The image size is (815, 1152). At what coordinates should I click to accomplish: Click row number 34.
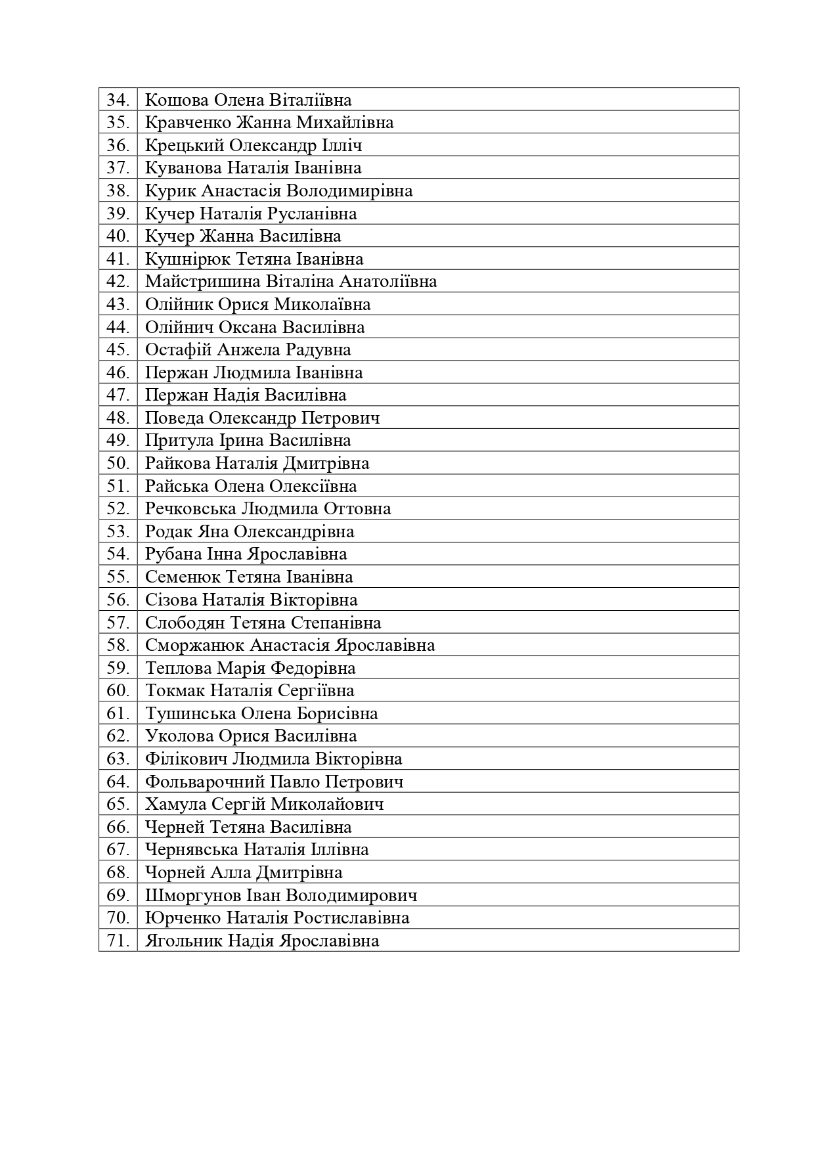118,100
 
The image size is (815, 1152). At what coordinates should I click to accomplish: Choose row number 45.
118,350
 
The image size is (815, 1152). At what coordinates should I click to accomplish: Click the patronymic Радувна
319,350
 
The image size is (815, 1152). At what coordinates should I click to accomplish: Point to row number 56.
118,600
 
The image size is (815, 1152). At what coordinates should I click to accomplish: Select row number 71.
118,941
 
